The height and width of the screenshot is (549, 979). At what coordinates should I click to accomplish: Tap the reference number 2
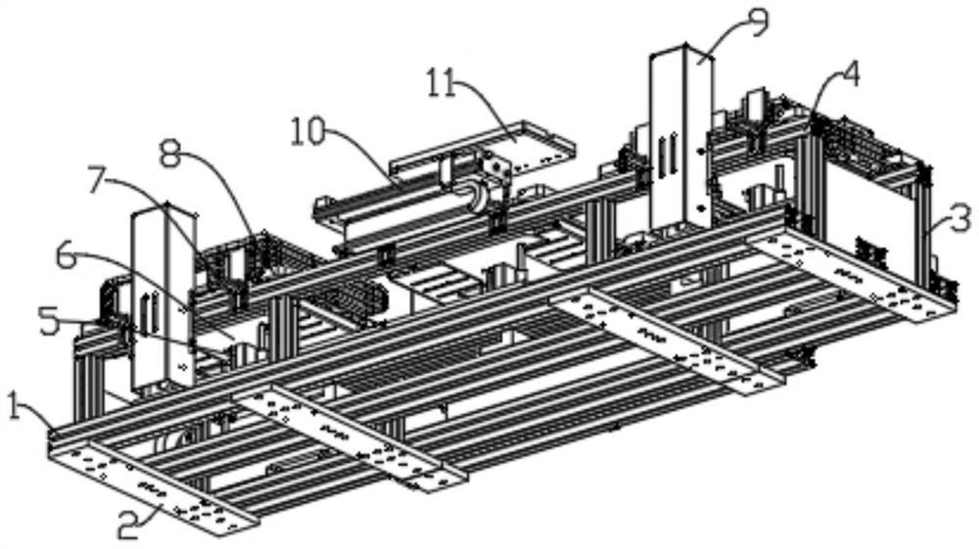pyautogui.click(x=128, y=527)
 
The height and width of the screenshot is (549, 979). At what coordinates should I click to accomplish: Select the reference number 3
pyautogui.click(x=962, y=220)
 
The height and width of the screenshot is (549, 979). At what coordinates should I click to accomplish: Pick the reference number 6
pyautogui.click(x=68, y=257)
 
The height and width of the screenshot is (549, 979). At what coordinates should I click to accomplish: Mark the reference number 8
pyautogui.click(x=170, y=154)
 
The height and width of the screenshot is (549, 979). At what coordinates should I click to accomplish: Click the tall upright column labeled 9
pyautogui.click(x=681, y=140)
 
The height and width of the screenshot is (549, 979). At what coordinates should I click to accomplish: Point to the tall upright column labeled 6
pyautogui.click(x=163, y=298)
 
